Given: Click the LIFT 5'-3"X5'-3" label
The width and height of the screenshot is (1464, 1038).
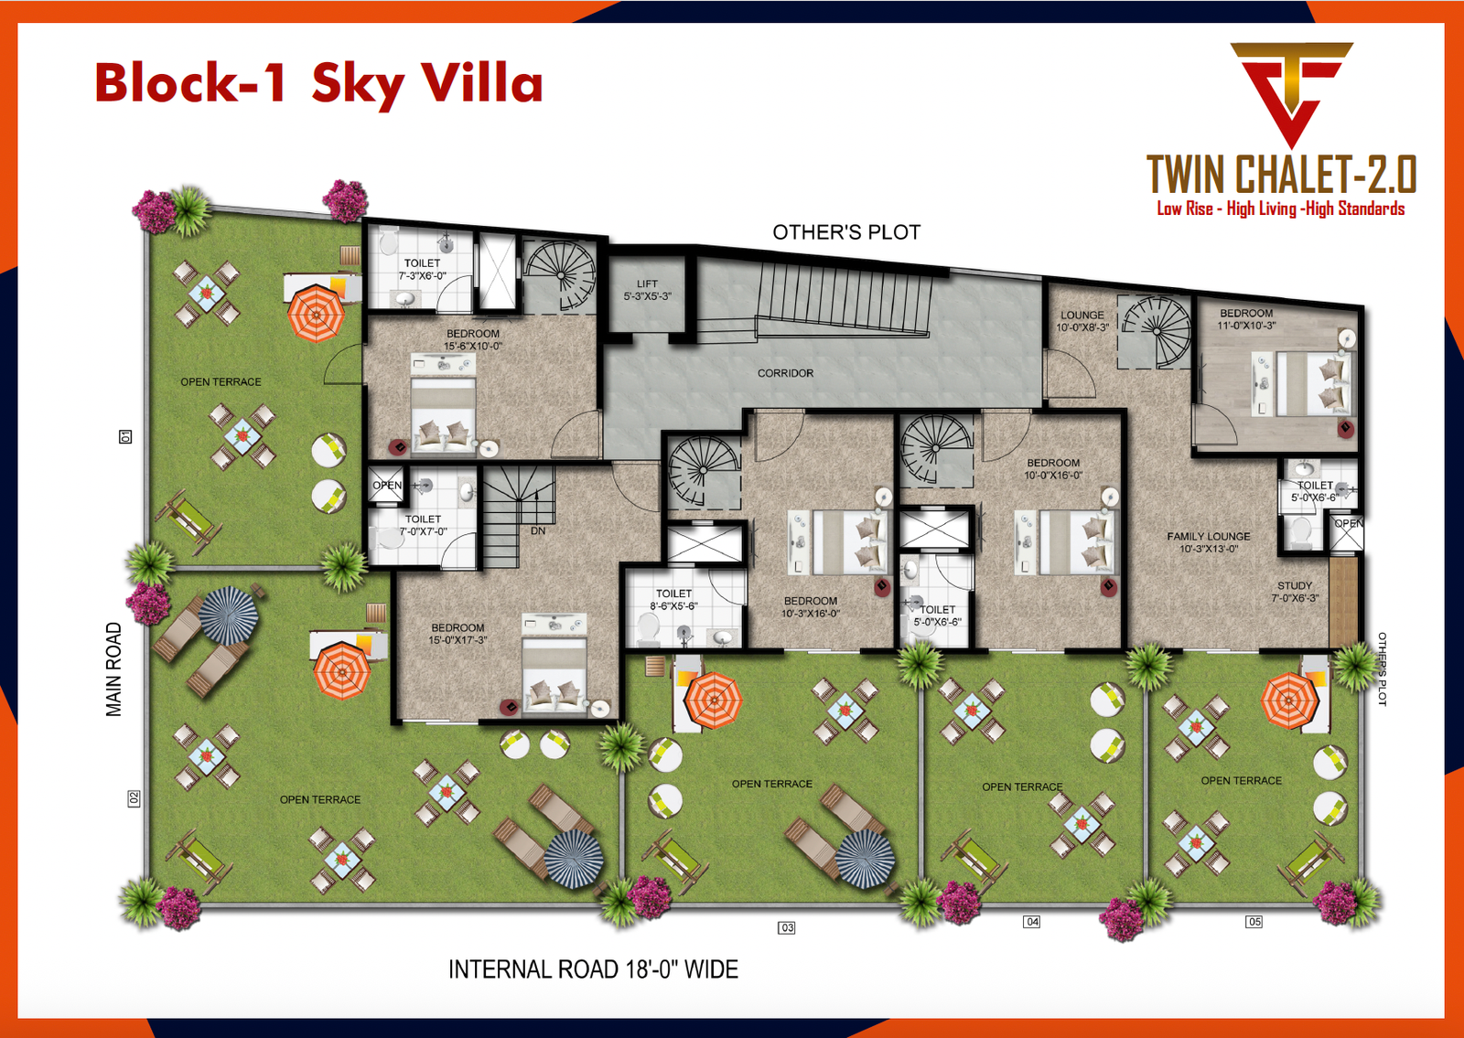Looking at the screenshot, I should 647,290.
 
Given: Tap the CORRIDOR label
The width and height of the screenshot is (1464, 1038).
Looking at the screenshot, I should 785,373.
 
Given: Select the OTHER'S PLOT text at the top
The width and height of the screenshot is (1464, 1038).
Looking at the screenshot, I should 846,232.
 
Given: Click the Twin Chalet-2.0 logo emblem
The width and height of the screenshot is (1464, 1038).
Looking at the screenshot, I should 1290,91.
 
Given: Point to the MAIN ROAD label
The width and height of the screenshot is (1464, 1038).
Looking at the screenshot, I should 113,669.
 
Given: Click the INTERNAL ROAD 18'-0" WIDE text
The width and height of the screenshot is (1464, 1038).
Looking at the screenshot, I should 593,969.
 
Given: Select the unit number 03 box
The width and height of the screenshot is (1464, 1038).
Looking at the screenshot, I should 787,927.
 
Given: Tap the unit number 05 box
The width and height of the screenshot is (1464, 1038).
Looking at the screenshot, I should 1254,921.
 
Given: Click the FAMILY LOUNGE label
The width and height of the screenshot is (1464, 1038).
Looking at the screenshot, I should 1208,542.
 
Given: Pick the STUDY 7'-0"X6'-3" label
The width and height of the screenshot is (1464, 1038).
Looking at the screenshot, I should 1295,592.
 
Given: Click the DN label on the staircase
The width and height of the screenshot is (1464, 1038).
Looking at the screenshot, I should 538,530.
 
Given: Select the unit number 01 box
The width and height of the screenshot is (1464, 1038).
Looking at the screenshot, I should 126,437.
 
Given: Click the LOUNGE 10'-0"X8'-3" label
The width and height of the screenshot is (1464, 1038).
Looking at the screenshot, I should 1082,321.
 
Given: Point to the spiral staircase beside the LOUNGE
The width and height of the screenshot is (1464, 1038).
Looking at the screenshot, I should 1157,331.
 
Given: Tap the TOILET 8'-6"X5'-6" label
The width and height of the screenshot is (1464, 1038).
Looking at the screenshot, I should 673,599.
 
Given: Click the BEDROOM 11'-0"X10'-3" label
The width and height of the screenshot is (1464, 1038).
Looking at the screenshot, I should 1245,319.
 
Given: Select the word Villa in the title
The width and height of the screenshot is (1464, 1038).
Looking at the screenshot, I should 481,82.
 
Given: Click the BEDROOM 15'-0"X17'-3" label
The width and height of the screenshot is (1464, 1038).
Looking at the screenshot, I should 457,634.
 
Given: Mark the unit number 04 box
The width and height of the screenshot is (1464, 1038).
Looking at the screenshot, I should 1032,921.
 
